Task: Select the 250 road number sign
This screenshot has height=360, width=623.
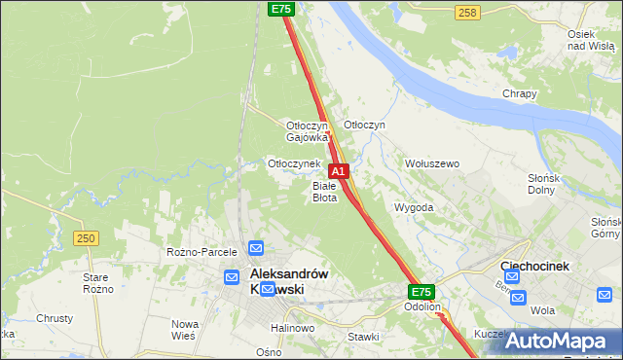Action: coord(86,237)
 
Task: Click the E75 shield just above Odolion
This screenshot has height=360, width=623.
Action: coord(421,292)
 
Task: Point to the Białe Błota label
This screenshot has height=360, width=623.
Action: coord(324,191)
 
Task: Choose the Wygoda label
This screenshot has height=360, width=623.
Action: coord(413,207)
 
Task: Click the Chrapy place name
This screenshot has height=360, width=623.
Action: coord(519,93)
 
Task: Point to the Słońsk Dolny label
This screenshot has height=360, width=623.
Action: coord(568,184)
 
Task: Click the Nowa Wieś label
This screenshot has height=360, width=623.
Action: coord(185,329)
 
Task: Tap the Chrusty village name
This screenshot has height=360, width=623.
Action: coord(55,318)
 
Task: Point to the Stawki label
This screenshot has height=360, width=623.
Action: coord(363,337)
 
